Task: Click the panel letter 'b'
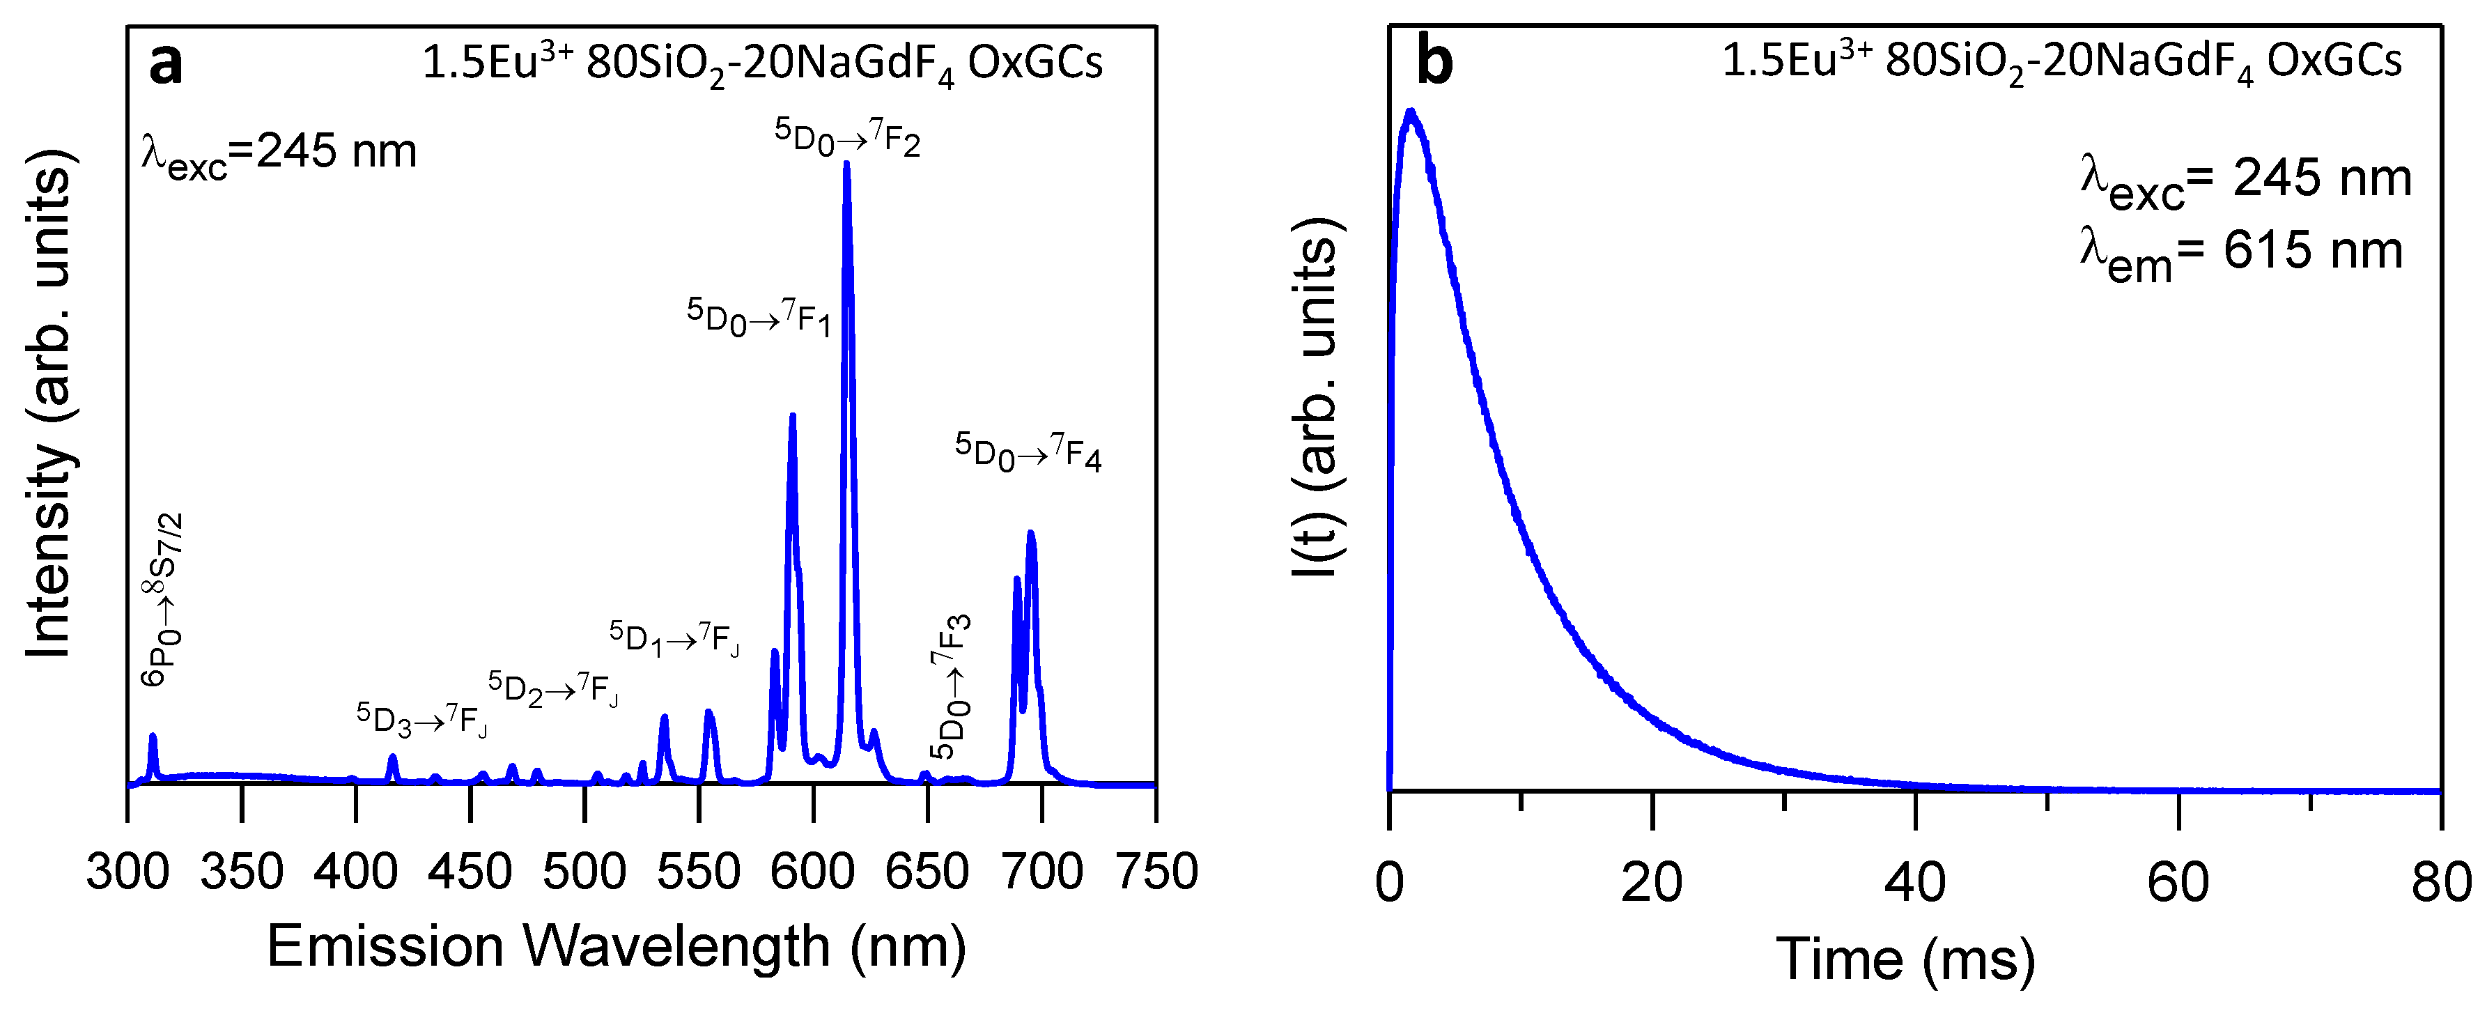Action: tap(1434, 63)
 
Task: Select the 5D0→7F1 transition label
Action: tap(758, 317)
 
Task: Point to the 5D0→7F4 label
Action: tap(1028, 452)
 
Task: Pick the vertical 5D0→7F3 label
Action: tap(951, 686)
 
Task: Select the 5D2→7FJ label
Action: tap(552, 688)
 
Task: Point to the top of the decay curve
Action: tap(1411, 112)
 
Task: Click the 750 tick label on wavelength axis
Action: tap(1156, 871)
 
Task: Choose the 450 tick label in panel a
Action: tap(470, 871)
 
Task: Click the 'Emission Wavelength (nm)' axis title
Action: tap(616, 946)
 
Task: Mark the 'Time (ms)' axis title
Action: tap(1905, 959)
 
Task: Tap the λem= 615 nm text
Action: tap(2240, 253)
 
